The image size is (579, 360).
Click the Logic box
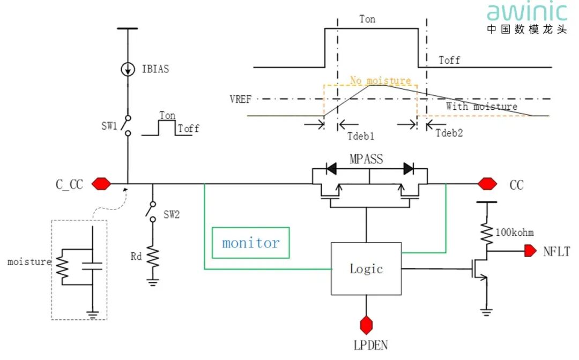366,268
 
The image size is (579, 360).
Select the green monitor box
251,243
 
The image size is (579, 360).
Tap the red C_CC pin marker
101,184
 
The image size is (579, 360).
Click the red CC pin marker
487,184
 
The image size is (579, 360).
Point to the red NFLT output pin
530,250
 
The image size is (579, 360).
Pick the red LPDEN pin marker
367,324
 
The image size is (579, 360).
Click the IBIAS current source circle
128,70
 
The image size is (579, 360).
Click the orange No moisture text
381,81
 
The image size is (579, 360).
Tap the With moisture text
481,106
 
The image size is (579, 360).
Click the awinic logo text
526,12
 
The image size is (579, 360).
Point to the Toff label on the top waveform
449,60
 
